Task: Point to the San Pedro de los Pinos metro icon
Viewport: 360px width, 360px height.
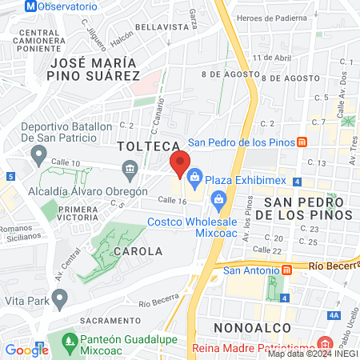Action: (302, 142)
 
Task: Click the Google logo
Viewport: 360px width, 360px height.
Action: (26, 350)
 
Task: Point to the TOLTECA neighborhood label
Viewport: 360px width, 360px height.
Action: (146, 146)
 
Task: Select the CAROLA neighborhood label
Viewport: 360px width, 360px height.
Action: (138, 250)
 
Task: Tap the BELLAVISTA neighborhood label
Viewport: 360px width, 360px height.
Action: (160, 26)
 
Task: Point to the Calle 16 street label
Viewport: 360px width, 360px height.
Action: (171, 200)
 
